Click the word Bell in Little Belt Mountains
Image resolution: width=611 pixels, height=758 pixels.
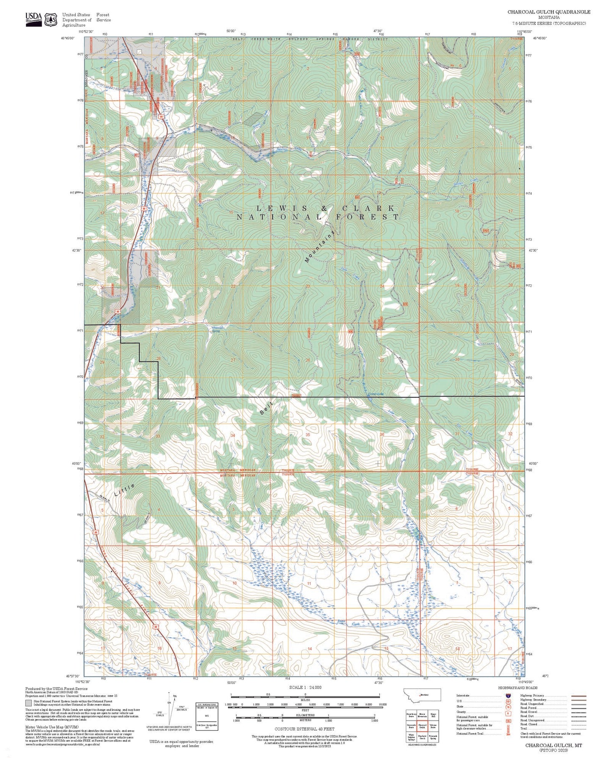click(x=266, y=408)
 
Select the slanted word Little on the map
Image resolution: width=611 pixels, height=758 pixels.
click(x=125, y=490)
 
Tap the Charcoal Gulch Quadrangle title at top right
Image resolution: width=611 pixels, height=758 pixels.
click(x=549, y=12)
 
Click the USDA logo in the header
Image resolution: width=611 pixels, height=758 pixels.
click(x=34, y=19)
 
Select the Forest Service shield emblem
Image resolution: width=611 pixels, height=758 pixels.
click(x=52, y=19)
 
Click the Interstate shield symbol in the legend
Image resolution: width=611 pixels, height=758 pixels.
click(x=508, y=696)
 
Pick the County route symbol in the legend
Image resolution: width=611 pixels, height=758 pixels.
click(x=508, y=713)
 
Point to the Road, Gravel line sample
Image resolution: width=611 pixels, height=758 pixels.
click(x=579, y=712)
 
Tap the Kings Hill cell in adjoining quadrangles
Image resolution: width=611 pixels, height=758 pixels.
click(x=433, y=715)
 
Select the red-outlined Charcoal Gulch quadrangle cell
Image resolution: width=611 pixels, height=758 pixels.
click(x=422, y=726)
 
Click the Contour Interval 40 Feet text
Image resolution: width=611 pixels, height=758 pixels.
click(x=304, y=729)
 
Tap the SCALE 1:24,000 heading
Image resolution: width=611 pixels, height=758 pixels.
click(x=305, y=687)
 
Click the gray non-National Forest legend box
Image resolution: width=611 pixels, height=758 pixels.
click(x=28, y=703)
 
